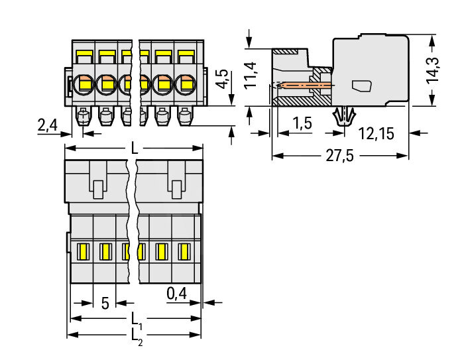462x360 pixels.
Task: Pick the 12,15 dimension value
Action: click(376, 133)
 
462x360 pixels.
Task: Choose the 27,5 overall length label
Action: click(339, 156)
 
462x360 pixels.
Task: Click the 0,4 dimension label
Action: click(177, 292)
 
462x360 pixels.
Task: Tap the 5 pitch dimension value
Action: click(105, 304)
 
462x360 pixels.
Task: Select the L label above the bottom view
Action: click(135, 150)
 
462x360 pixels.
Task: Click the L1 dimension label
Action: click(135, 318)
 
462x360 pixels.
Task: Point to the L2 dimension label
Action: click(135, 335)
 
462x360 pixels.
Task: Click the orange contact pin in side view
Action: click(304, 86)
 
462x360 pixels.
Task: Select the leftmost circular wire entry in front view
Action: click(84, 84)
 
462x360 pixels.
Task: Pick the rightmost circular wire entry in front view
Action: click(186, 84)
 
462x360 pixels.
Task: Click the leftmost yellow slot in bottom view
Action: click(84, 251)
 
